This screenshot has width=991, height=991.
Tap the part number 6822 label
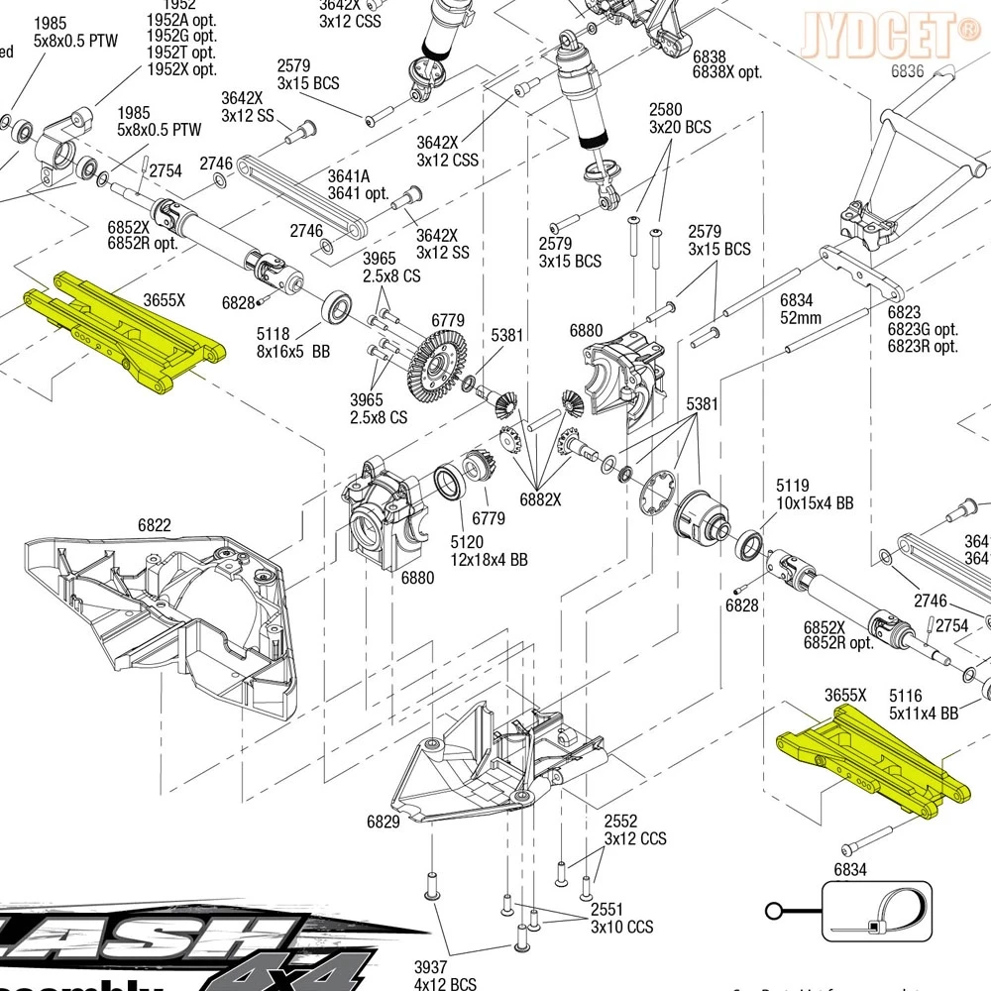click(x=154, y=525)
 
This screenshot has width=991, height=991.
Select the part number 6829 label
click(x=383, y=822)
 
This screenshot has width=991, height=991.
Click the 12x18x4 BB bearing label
click(x=489, y=560)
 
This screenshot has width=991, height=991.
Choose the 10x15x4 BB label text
click(x=815, y=503)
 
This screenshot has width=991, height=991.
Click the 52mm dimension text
click(x=801, y=318)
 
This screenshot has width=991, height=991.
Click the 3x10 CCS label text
click(x=622, y=928)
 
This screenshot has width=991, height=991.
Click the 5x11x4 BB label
click(x=924, y=713)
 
